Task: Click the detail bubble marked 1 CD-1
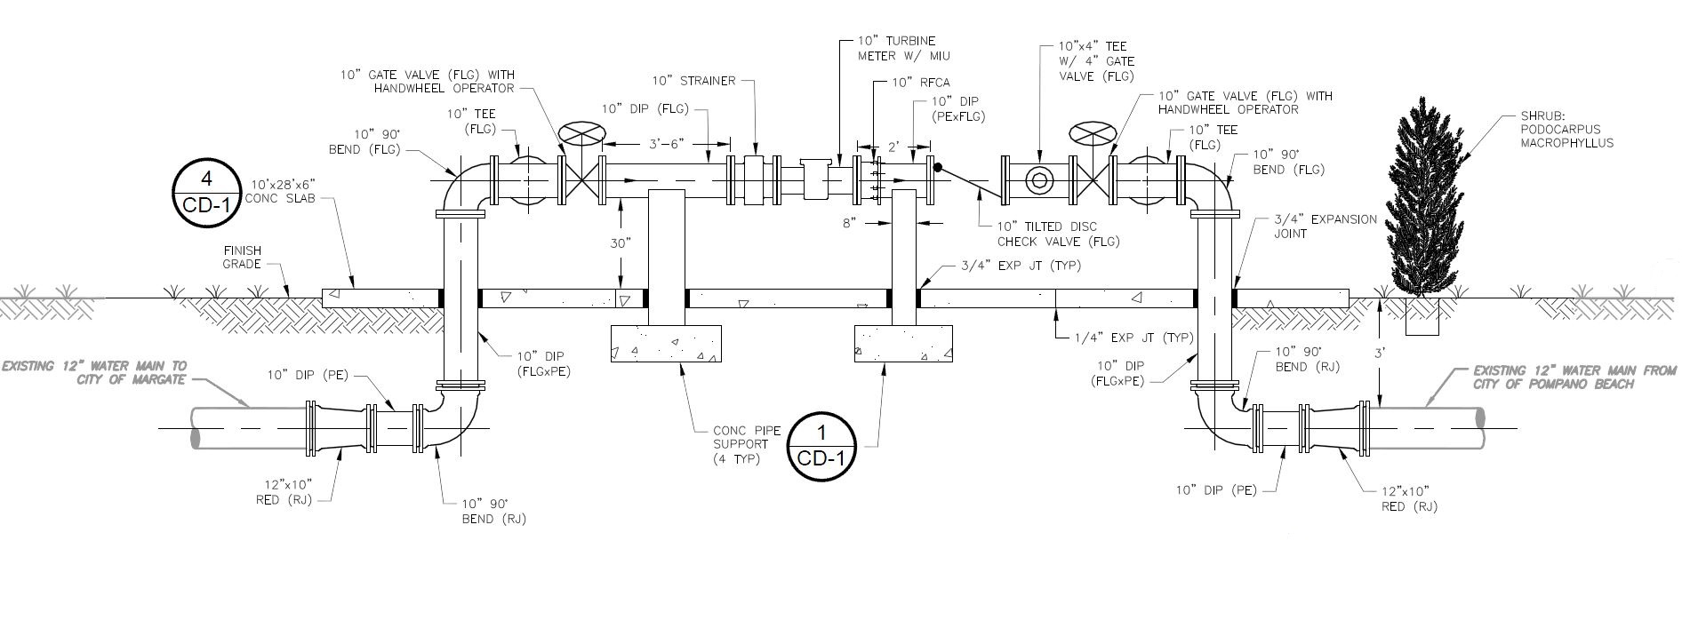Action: coord(821,447)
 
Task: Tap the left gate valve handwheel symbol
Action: coord(581,134)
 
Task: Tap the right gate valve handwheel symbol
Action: coord(1091,134)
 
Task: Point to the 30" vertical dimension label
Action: coord(621,242)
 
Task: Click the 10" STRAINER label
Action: coord(693,81)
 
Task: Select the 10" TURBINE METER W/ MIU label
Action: coord(896,48)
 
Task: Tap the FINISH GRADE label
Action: coord(242,258)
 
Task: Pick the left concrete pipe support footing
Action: coord(666,344)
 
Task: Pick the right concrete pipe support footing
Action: coord(902,344)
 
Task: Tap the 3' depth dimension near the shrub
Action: coord(1380,352)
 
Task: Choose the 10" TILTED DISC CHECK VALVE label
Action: coord(1058,234)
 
